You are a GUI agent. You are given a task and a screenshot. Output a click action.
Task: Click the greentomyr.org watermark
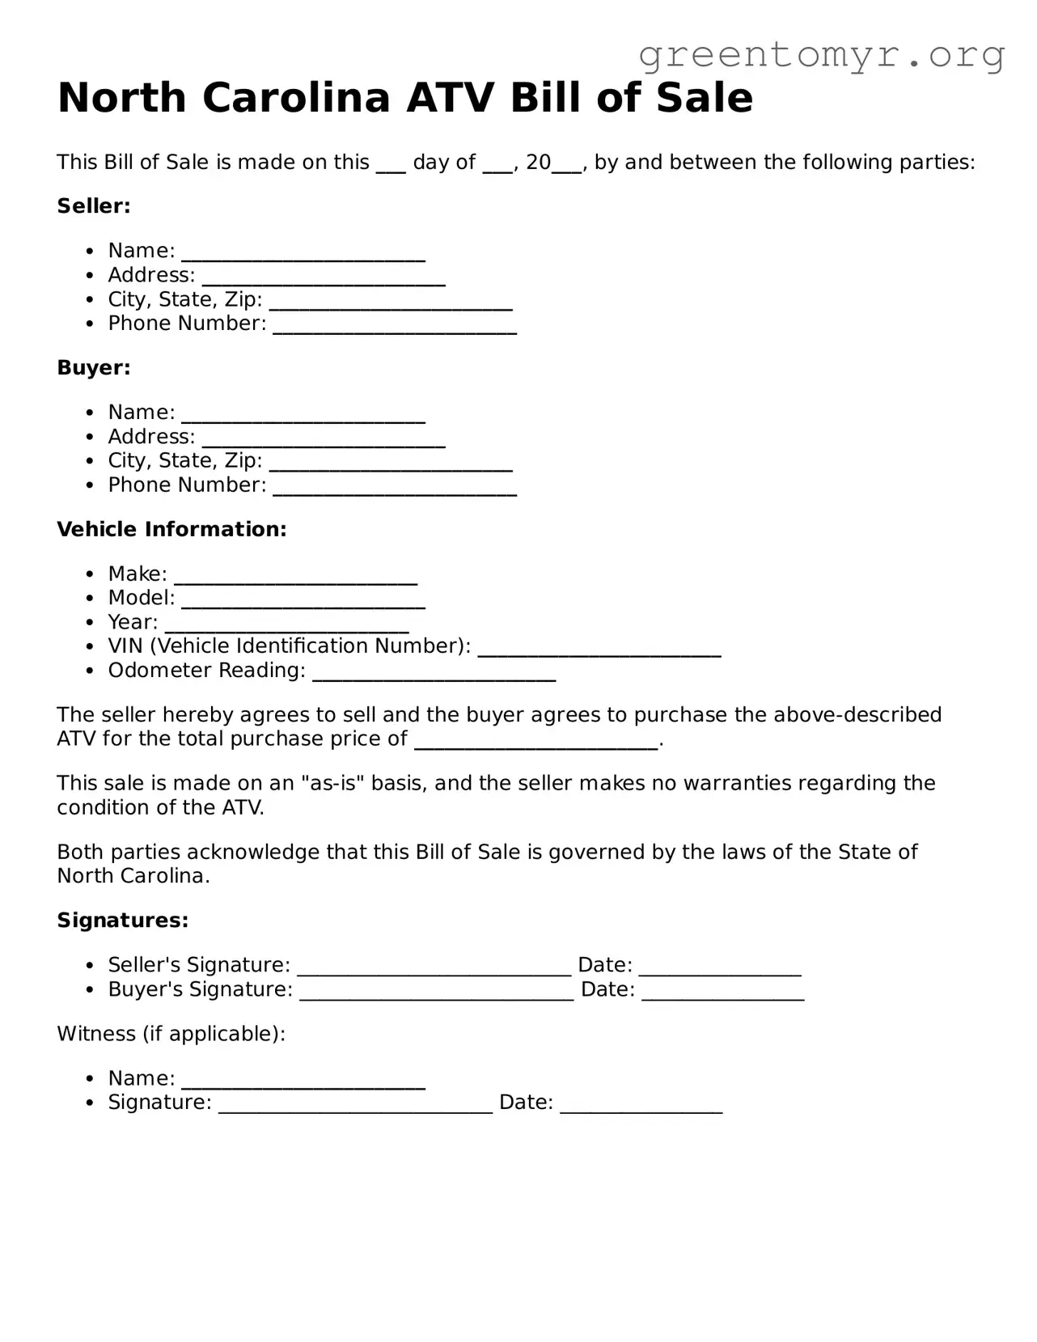(x=821, y=55)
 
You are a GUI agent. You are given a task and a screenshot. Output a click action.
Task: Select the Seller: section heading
(x=93, y=206)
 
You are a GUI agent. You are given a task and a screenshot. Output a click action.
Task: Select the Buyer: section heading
(x=93, y=368)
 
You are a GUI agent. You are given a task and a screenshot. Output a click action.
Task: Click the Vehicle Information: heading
(x=171, y=530)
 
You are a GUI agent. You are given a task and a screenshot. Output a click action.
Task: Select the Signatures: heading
(x=122, y=921)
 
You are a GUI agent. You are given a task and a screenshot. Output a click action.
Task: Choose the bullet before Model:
(x=91, y=599)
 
